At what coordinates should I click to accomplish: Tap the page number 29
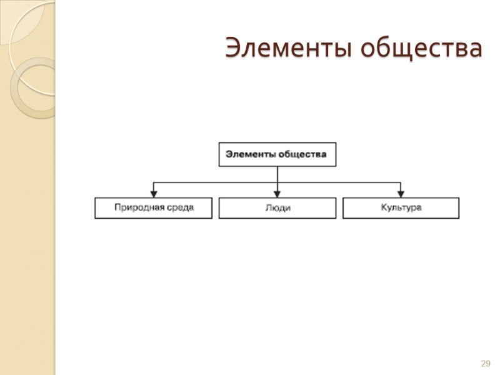pos(485,364)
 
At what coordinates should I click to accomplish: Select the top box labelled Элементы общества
pos(277,154)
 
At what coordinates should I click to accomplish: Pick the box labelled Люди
pos(277,208)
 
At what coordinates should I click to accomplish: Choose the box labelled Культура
pos(401,208)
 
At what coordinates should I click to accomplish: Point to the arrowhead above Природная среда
pos(154,194)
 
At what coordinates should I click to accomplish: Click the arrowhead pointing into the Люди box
pos(277,194)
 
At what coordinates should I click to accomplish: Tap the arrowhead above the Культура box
pos(401,194)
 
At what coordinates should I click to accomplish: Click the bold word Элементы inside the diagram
pos(249,154)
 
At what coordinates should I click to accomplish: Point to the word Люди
pos(277,208)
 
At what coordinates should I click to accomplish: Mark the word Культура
pos(401,207)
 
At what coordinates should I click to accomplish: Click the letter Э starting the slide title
pos(232,48)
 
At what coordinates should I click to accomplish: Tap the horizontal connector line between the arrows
pos(216,182)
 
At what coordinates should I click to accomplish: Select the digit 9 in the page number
pos(487,364)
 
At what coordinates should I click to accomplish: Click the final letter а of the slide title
pos(476,49)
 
